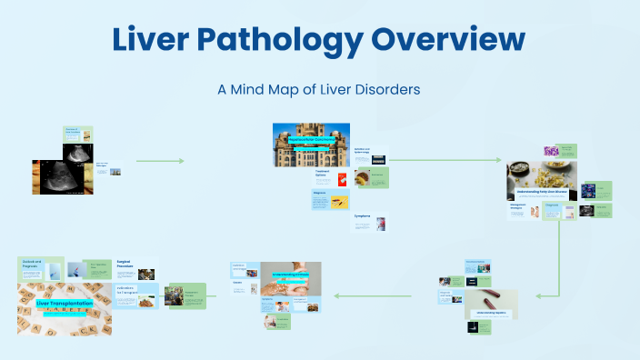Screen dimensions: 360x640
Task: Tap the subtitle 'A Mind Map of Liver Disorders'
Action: pyautogui.click(x=318, y=90)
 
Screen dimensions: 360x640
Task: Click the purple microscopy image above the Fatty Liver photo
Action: pyautogui.click(x=567, y=150)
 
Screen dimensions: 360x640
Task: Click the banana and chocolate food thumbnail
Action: pyautogui.click(x=363, y=179)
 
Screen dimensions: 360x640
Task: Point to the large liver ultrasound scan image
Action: pyautogui.click(x=62, y=175)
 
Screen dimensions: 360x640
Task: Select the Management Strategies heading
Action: pyautogui.click(x=520, y=206)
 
